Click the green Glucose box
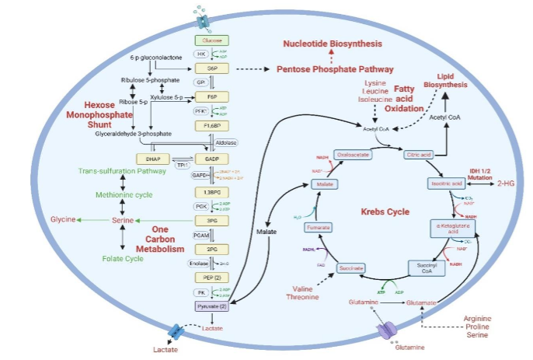click(x=211, y=40)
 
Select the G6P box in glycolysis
click(x=211, y=68)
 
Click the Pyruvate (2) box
click(x=211, y=307)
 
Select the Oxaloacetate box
click(x=354, y=155)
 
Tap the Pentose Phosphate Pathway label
click(x=335, y=69)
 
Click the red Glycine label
click(x=63, y=220)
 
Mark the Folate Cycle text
click(x=122, y=257)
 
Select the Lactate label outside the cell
click(x=165, y=350)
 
